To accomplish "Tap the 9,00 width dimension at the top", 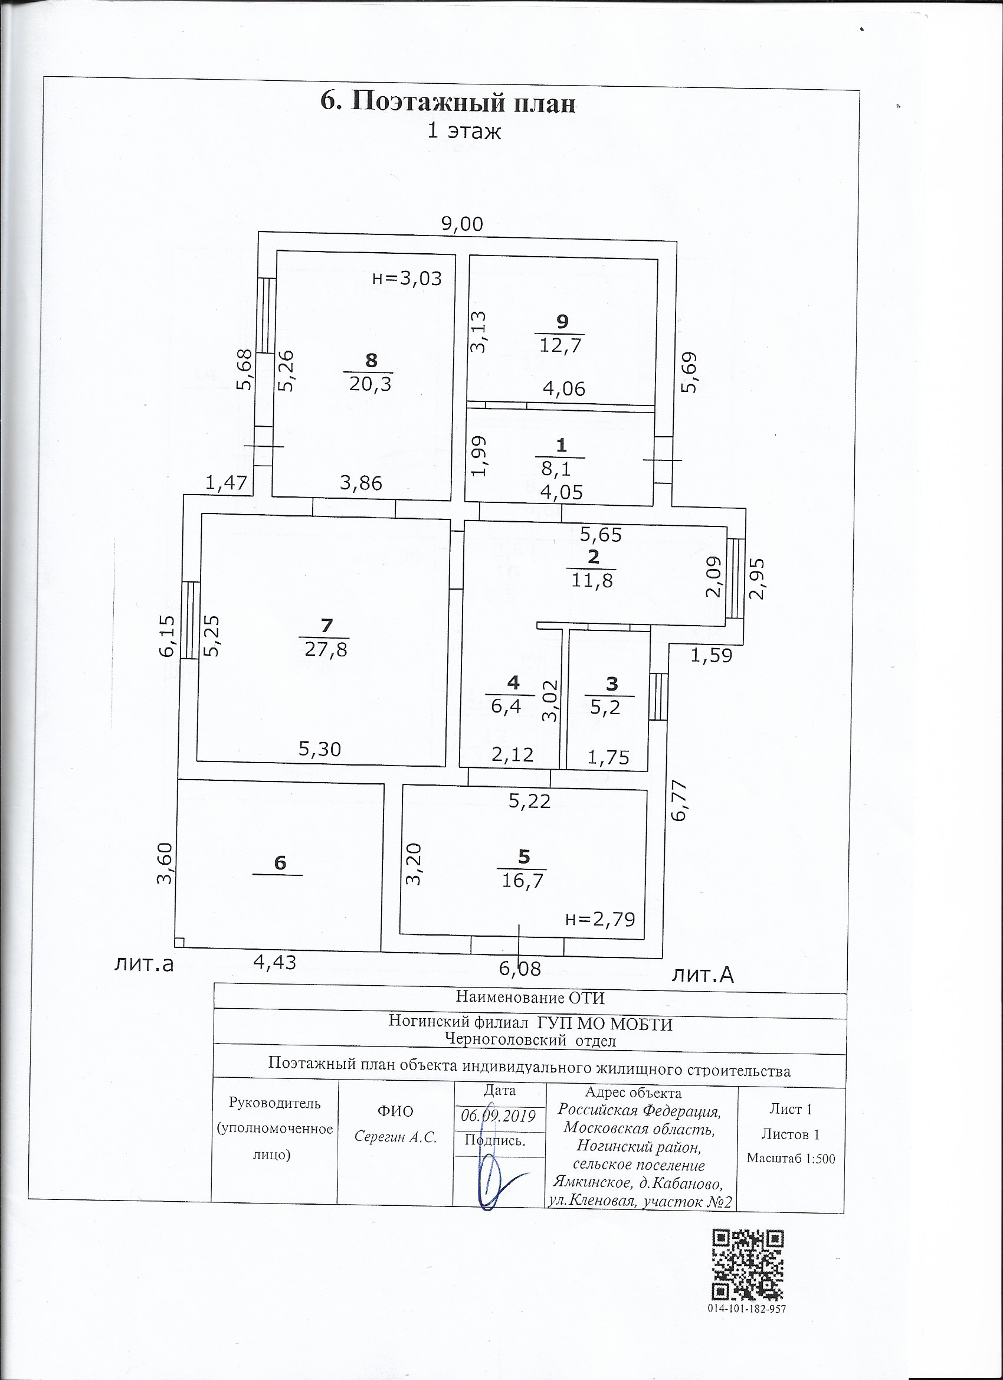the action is [x=463, y=224].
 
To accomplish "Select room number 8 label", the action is [x=371, y=360].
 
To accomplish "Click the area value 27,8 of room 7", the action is [x=326, y=649].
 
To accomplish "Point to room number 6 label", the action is [x=280, y=862].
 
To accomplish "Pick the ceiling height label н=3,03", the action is [x=407, y=279].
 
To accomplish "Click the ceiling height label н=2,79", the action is [x=599, y=918].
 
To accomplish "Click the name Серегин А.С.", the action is [x=396, y=1137].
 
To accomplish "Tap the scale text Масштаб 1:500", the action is [x=791, y=1159].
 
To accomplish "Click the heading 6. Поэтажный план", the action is [x=448, y=103].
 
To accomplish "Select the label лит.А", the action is [x=703, y=975].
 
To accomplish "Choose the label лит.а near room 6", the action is [x=144, y=964].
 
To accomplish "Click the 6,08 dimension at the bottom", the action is [x=519, y=968].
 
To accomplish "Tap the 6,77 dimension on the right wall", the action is [x=679, y=801].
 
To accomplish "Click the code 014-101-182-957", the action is [x=747, y=1308].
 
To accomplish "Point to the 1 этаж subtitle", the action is [x=464, y=132].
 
